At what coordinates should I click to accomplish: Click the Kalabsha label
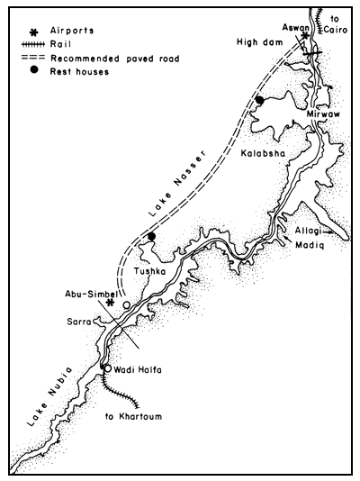[263, 153]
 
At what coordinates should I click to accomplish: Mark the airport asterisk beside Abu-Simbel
[109, 303]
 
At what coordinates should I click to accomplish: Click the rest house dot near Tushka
[152, 237]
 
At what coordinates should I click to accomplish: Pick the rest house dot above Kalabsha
[258, 100]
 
